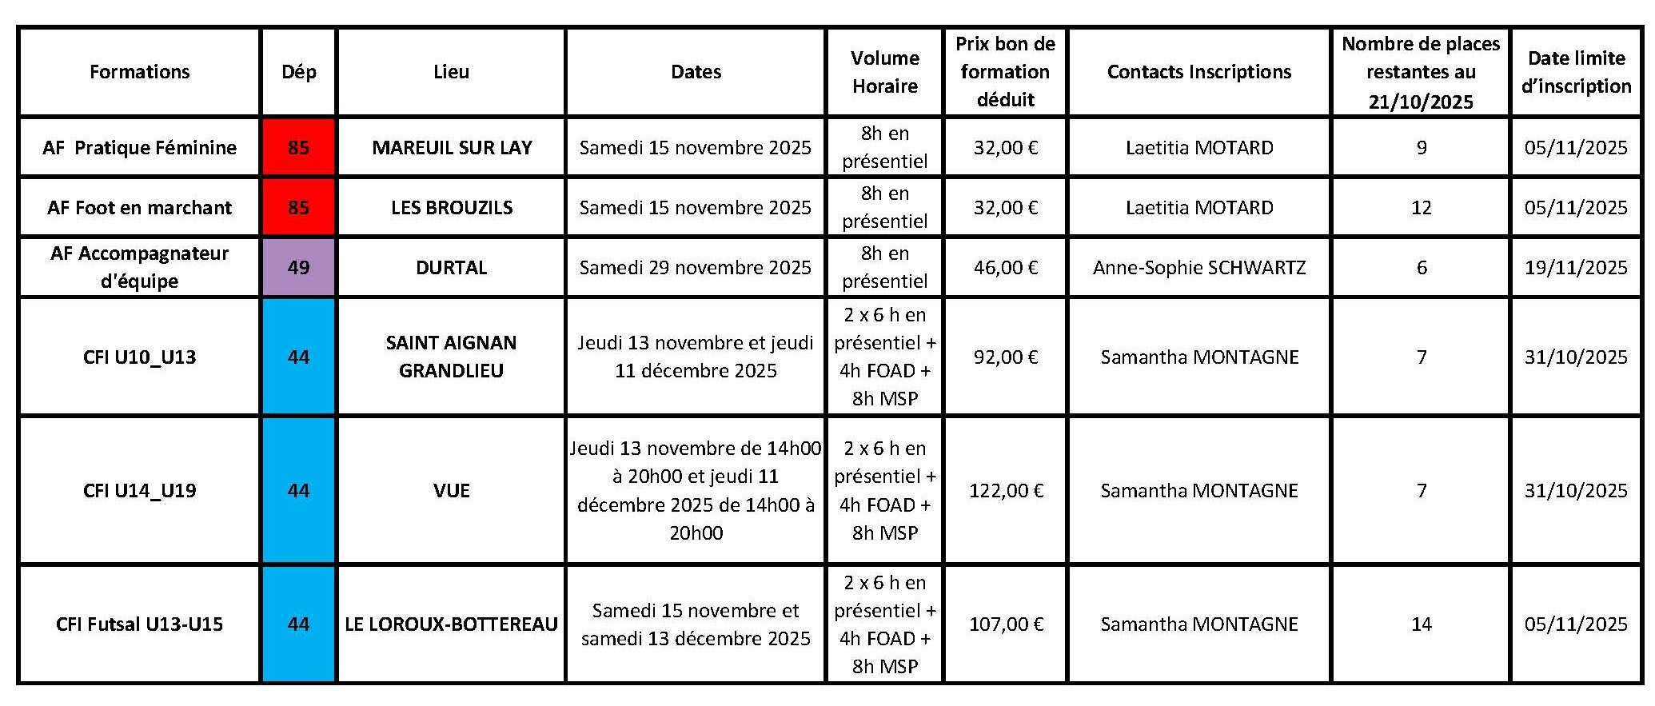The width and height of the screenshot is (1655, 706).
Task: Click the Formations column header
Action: click(x=140, y=72)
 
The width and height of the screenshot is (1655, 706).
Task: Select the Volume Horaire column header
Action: click(x=884, y=72)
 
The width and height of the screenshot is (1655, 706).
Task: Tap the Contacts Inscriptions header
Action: click(x=1198, y=72)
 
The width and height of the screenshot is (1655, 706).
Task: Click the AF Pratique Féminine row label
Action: click(x=140, y=148)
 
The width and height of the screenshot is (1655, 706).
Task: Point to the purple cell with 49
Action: click(x=298, y=268)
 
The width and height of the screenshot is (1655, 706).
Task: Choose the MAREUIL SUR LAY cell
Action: click(x=452, y=148)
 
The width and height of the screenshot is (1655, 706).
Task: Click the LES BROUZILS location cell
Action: click(x=452, y=208)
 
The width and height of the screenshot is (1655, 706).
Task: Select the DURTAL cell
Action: click(x=452, y=268)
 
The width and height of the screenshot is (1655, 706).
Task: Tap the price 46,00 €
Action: click(x=1006, y=268)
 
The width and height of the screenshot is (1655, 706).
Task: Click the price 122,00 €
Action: click(x=1006, y=491)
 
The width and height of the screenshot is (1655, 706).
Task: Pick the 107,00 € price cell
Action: click(x=1006, y=624)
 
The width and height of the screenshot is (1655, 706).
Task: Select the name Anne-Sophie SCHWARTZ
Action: click(x=1198, y=268)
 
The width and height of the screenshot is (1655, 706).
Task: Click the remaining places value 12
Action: click(x=1421, y=208)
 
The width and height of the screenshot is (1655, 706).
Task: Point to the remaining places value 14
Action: click(x=1421, y=624)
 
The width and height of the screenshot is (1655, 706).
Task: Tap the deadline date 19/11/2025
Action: click(x=1575, y=268)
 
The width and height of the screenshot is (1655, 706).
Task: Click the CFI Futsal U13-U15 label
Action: click(x=140, y=624)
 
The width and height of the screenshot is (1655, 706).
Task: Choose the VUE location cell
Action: click(x=452, y=491)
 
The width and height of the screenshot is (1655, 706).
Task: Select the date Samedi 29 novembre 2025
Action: click(x=695, y=268)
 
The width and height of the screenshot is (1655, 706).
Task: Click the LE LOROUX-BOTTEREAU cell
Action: click(x=452, y=624)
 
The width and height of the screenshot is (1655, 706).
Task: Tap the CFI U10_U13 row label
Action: click(x=140, y=357)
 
